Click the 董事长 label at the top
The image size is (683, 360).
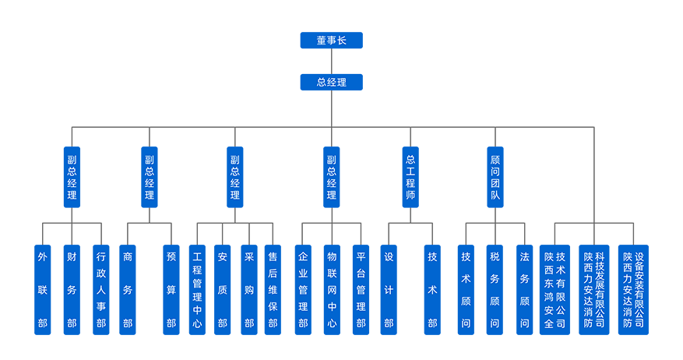tap(331, 41)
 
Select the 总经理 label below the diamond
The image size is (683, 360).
tap(331, 82)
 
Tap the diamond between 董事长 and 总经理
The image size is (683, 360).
tap(331, 61)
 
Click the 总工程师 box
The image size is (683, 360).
tap(410, 178)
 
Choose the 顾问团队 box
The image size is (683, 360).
tap(495, 178)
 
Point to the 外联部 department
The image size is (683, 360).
tap(43, 289)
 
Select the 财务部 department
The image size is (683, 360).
tap(72, 289)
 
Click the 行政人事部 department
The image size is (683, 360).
tap(100, 289)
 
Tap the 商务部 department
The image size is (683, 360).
tap(128, 289)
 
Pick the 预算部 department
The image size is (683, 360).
tap(171, 289)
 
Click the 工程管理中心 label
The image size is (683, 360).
tap(197, 289)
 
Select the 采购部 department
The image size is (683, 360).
tap(249, 289)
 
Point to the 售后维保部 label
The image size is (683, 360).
tap(273, 289)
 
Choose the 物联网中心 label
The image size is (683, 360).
tap(332, 289)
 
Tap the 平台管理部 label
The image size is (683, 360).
tap(361, 289)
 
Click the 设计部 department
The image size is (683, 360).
tap(389, 289)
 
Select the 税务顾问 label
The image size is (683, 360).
tap(495, 289)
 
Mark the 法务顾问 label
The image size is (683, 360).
tap(524, 289)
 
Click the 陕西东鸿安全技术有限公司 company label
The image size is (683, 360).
tap(554, 289)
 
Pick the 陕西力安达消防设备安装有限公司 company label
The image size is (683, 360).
tap(633, 289)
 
